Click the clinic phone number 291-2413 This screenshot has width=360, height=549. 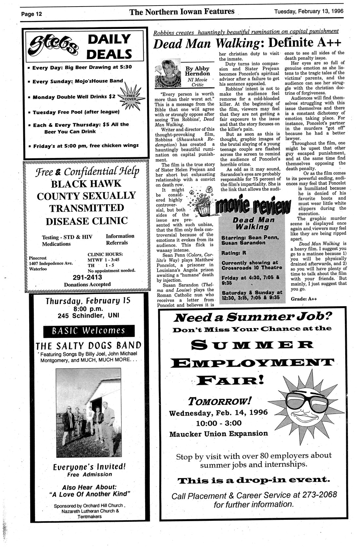87,277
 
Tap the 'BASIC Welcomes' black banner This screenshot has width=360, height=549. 89,331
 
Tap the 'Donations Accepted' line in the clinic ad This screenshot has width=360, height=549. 87,284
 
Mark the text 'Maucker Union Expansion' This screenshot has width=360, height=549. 218,434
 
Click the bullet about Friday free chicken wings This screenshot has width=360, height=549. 86,145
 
